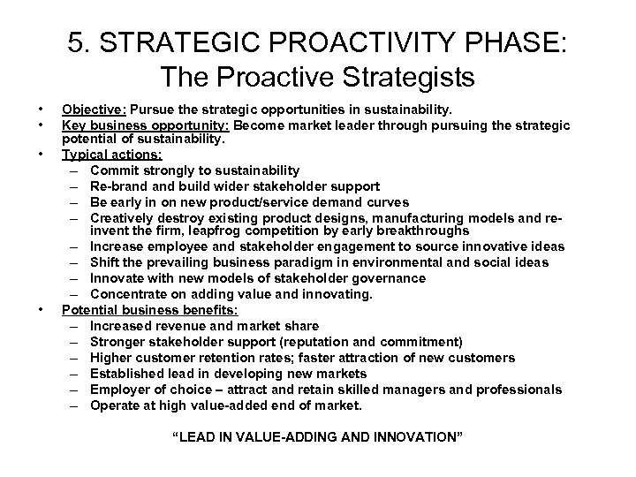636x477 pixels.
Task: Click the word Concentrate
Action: coord(126,293)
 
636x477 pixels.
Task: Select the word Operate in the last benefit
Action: coord(115,405)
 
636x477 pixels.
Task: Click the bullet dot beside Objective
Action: coord(42,110)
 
